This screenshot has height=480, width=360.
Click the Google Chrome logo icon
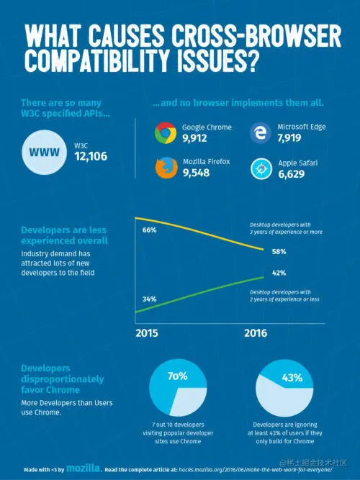click(x=166, y=132)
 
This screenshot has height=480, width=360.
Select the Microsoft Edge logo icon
click(x=259, y=132)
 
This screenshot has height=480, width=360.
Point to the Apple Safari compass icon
click(x=259, y=168)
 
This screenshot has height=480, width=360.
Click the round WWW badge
click(x=45, y=153)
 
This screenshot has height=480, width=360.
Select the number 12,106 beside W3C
click(x=91, y=156)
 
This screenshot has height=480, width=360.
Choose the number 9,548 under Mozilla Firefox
click(x=196, y=173)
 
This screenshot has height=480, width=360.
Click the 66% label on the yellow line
click(x=150, y=230)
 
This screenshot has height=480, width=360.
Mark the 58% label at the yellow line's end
click(x=279, y=252)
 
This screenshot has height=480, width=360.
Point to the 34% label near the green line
click(x=150, y=299)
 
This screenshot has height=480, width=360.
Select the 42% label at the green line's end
click(x=279, y=273)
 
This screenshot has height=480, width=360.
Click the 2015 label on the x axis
click(x=148, y=333)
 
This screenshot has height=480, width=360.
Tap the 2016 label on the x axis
click(x=256, y=333)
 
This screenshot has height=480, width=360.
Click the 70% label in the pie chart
click(x=178, y=376)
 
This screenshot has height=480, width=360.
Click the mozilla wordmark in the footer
click(x=84, y=468)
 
